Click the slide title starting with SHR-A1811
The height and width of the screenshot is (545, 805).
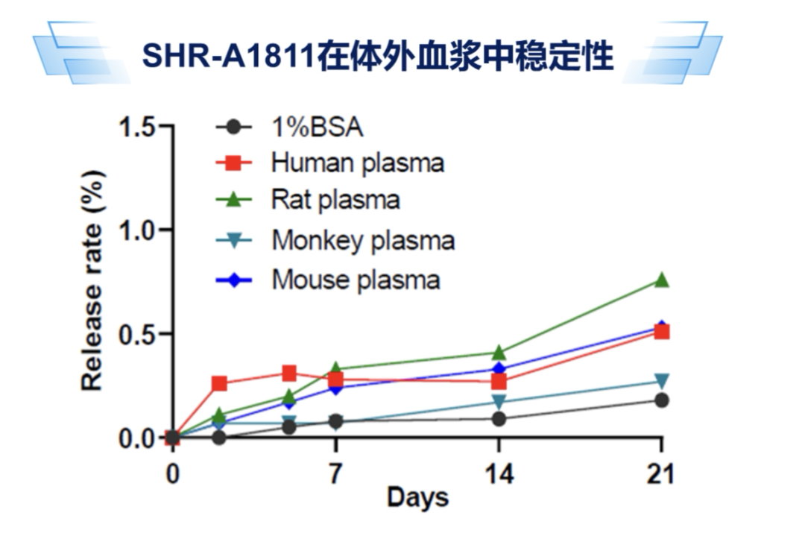click(x=378, y=56)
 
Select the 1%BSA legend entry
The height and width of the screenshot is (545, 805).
click(x=318, y=127)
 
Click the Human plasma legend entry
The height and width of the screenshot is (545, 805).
click(x=357, y=163)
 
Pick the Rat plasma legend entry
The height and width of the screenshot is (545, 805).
click(x=335, y=200)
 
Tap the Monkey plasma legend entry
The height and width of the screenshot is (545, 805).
click(x=363, y=241)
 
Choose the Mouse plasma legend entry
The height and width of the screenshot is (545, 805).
click(x=356, y=280)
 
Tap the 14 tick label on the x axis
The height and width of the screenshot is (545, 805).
click(x=498, y=474)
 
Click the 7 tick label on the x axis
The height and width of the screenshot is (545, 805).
click(x=335, y=474)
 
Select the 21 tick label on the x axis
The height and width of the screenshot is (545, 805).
click(x=660, y=474)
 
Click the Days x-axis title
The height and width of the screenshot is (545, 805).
click(x=417, y=497)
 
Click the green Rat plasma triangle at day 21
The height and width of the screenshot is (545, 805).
click(x=661, y=280)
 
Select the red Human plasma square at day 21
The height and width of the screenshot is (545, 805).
click(x=661, y=332)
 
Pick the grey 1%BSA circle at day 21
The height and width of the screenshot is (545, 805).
click(x=661, y=400)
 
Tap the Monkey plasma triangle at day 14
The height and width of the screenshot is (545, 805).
click(x=499, y=403)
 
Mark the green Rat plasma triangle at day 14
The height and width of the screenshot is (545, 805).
click(x=499, y=352)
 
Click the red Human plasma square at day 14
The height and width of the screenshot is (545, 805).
click(x=499, y=382)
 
